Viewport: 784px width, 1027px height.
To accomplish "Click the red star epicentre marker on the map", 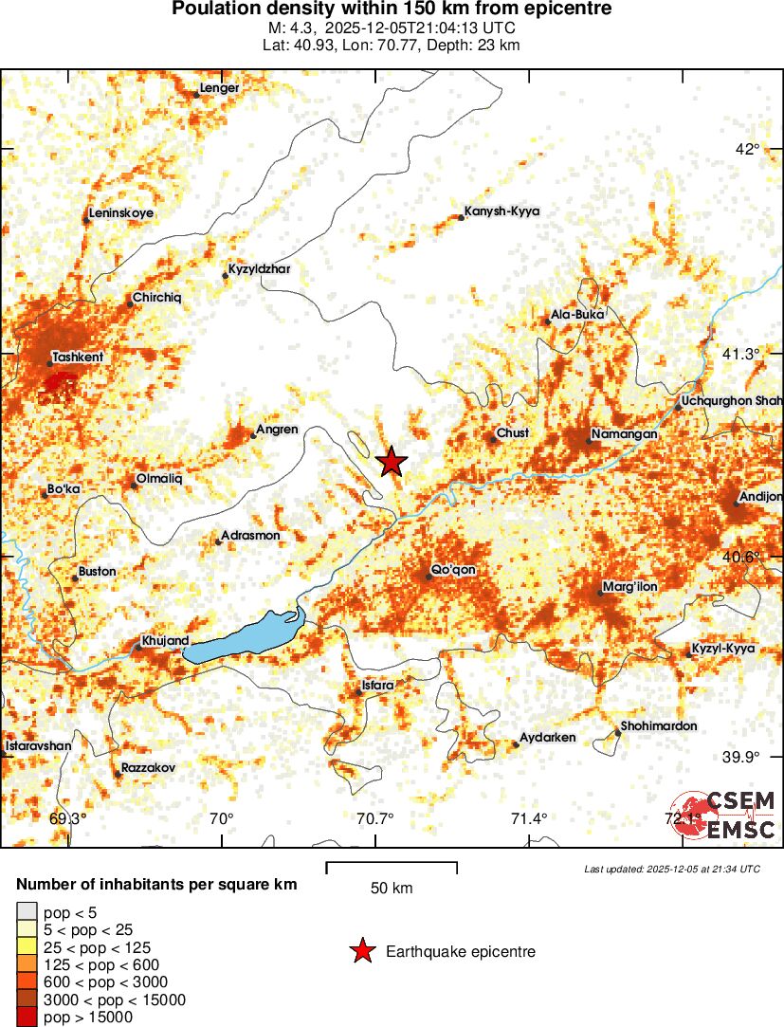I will tap(392, 462).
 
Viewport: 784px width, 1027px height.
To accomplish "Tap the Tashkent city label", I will tap(79, 357).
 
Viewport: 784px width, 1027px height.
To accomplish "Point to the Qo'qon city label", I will tap(453, 570).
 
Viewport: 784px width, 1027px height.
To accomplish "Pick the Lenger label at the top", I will tap(220, 88).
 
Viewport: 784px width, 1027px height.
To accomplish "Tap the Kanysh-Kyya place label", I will tap(501, 211).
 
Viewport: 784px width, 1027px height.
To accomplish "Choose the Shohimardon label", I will tap(659, 726).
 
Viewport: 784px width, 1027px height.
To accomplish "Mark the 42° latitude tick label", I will tap(749, 148).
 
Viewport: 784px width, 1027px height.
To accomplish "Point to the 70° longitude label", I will tap(221, 819).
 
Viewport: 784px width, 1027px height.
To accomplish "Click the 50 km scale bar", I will tap(392, 867).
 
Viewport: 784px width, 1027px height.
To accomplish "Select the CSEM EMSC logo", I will tap(725, 814).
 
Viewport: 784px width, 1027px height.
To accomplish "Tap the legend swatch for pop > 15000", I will tap(27, 1017).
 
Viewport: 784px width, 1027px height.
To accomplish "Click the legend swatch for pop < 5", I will tap(27, 912).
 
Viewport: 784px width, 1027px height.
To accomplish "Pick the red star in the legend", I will tap(361, 951).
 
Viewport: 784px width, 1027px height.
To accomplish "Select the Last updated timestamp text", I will tap(672, 869).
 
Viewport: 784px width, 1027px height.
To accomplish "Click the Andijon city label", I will tap(762, 496).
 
